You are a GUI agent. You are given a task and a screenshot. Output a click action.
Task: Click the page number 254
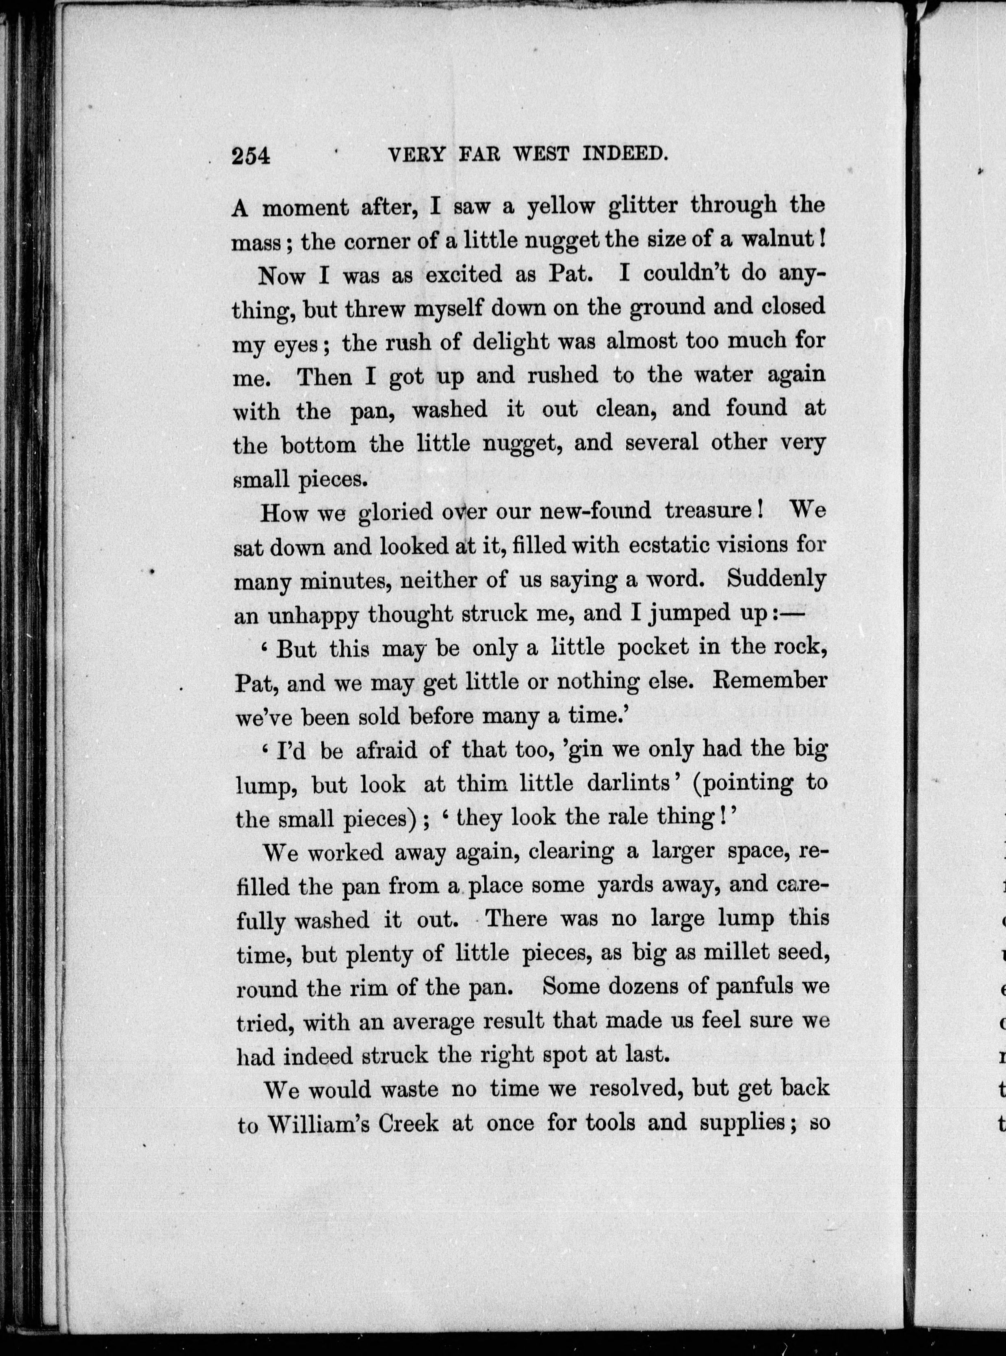coord(250,156)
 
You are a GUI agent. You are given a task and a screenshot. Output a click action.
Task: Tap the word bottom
coord(319,445)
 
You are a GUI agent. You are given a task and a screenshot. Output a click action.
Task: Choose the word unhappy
coord(313,615)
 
